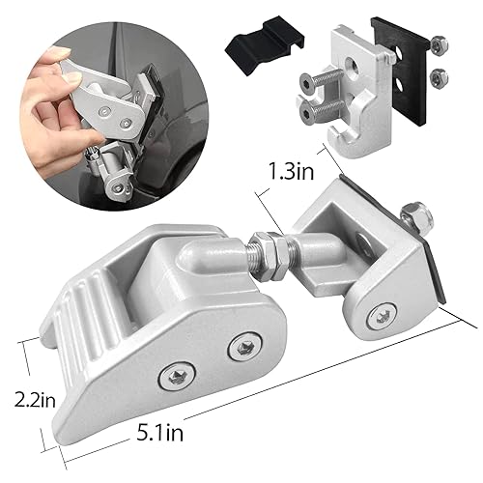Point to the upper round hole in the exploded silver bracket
coord(348,64)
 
